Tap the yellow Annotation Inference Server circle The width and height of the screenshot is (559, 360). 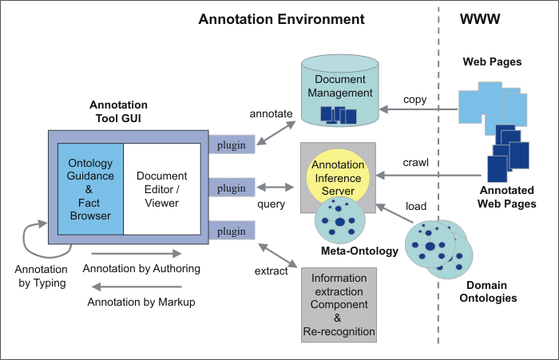(x=336, y=177)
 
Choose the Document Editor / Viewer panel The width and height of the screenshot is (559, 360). (x=161, y=188)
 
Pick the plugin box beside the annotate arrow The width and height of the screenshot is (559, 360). (x=232, y=144)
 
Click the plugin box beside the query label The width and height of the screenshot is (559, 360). (x=232, y=188)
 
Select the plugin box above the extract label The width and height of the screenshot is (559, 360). (x=232, y=231)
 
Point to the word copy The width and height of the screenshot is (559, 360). (x=414, y=100)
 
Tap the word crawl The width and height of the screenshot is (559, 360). (x=416, y=162)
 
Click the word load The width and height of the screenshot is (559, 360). (x=416, y=206)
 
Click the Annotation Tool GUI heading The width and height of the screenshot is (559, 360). (x=118, y=112)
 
